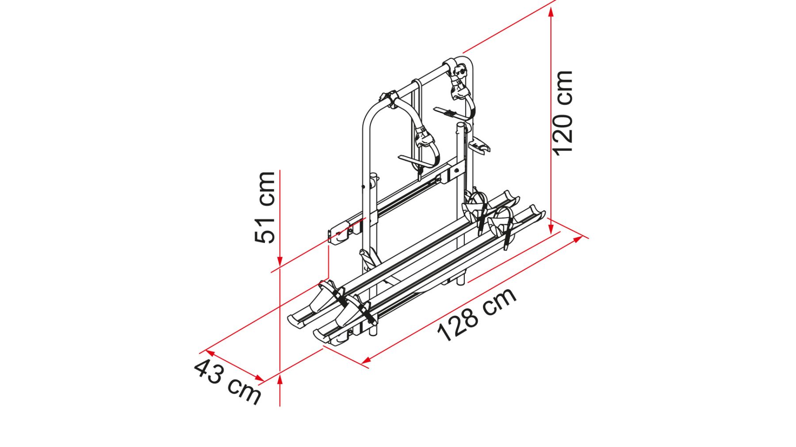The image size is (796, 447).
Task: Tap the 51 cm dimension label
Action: pos(265,207)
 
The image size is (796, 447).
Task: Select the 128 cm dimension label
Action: pos(477,314)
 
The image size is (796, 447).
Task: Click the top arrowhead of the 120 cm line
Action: pos(551,13)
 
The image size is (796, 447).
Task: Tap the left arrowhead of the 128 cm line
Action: pos(366,360)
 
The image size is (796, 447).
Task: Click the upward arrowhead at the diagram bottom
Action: pos(280,380)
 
